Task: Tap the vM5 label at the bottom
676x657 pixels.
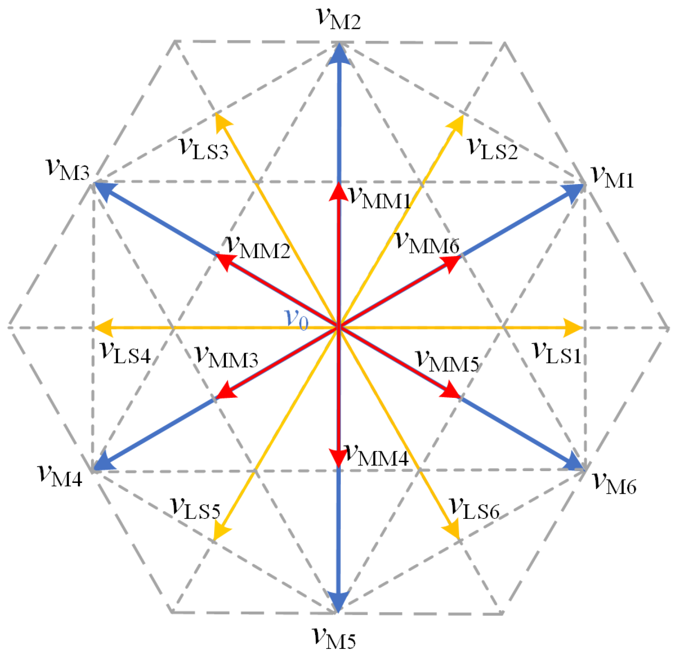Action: coord(334,637)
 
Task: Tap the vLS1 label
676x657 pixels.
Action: coord(557,352)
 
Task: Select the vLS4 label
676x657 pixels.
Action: coord(125,352)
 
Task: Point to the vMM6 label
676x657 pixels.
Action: coord(427,243)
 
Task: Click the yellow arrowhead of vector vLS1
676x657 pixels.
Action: coord(574,328)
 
